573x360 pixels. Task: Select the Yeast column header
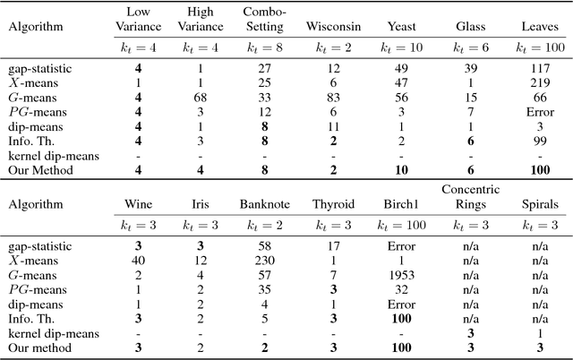click(402, 28)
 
